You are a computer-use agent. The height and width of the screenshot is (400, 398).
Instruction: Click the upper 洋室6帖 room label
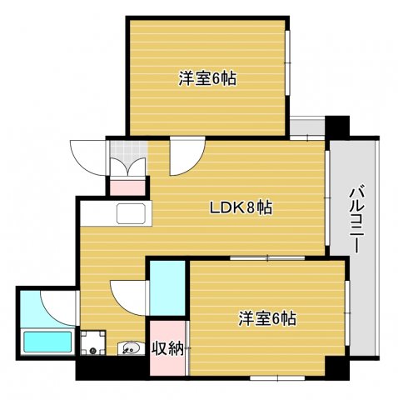pos(207,79)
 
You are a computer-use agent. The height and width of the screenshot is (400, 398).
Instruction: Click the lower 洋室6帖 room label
pos(268,317)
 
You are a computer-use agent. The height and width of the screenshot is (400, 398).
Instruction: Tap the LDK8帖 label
pos(240,208)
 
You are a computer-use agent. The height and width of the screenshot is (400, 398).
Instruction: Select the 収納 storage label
pos(167,347)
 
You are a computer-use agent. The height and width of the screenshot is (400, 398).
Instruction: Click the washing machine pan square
pos(92,342)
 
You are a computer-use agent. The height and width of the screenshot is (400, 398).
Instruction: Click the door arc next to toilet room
pos(128,293)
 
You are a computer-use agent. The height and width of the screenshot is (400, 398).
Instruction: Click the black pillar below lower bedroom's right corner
pos(335,367)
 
